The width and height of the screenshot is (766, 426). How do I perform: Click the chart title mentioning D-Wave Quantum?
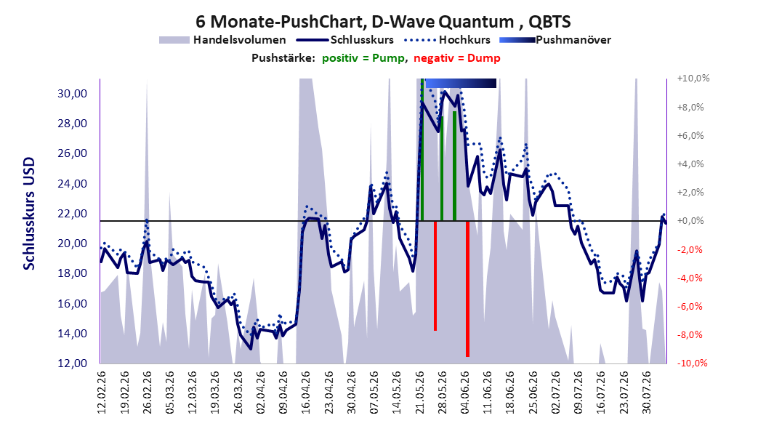383,22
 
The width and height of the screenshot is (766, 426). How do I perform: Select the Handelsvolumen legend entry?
222,40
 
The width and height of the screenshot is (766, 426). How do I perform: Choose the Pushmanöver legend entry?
555,40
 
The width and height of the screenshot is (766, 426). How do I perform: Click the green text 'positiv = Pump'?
363,58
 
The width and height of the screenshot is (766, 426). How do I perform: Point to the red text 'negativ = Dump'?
457,58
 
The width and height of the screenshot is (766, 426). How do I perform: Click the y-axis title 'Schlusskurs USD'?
29,214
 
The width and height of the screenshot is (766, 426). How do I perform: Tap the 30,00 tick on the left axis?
72,93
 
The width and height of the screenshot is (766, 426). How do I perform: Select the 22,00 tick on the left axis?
72,214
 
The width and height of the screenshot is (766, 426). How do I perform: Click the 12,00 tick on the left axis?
72,363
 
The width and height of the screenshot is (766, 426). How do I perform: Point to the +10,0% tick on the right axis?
693,79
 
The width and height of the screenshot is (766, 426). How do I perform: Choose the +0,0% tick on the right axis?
690,221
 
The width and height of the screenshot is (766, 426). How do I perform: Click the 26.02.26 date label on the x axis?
147,393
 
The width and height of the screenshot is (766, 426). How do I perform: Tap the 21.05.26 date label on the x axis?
419,393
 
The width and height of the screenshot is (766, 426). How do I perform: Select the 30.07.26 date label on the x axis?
646,393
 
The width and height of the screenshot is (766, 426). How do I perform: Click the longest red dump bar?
467,289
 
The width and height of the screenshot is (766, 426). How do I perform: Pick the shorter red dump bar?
435,276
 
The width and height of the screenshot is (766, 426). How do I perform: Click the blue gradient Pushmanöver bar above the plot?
461,83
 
